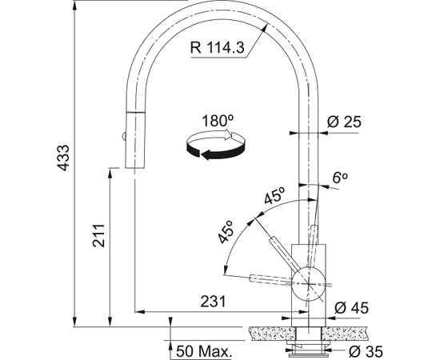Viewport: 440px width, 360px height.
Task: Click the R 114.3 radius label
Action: click(217, 47)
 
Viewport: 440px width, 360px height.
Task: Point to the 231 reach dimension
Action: click(213, 302)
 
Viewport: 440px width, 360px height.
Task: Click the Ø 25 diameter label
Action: click(344, 122)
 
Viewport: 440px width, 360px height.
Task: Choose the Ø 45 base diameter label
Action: click(351, 308)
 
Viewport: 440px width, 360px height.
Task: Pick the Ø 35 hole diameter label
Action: click(366, 351)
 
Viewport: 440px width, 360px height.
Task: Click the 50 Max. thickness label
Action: click(204, 350)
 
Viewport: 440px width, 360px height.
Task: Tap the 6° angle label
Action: click(340, 178)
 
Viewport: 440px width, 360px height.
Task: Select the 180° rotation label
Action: click(218, 121)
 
